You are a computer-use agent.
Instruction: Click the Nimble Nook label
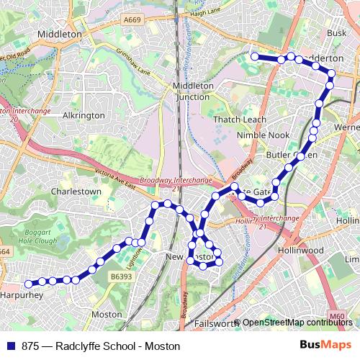(267, 135)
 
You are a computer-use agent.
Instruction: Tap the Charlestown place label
(76, 192)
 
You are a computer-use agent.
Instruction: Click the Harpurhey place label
(23, 295)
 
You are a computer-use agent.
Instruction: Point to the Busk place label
(336, 32)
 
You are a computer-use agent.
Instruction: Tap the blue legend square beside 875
(12, 346)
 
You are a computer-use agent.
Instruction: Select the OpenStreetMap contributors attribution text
(297, 323)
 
